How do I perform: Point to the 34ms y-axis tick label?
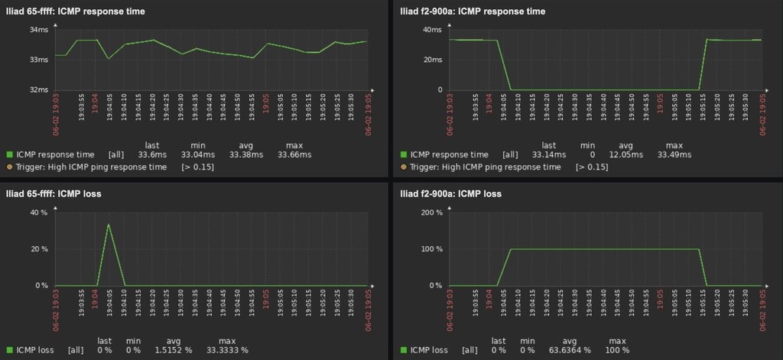(39, 30)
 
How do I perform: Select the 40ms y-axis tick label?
(432, 30)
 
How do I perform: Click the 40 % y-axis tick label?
(38, 212)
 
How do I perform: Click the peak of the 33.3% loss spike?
(109, 224)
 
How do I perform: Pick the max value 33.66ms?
(294, 155)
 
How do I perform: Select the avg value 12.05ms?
(625, 155)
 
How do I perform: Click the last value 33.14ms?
(547, 155)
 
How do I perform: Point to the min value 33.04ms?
(197, 155)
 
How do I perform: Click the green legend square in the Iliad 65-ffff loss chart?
(9, 350)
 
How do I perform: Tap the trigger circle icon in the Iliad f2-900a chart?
(404, 167)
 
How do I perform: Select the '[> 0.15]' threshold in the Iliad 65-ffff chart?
(197, 167)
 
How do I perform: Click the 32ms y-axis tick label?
(39, 89)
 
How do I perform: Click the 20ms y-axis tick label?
(432, 60)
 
